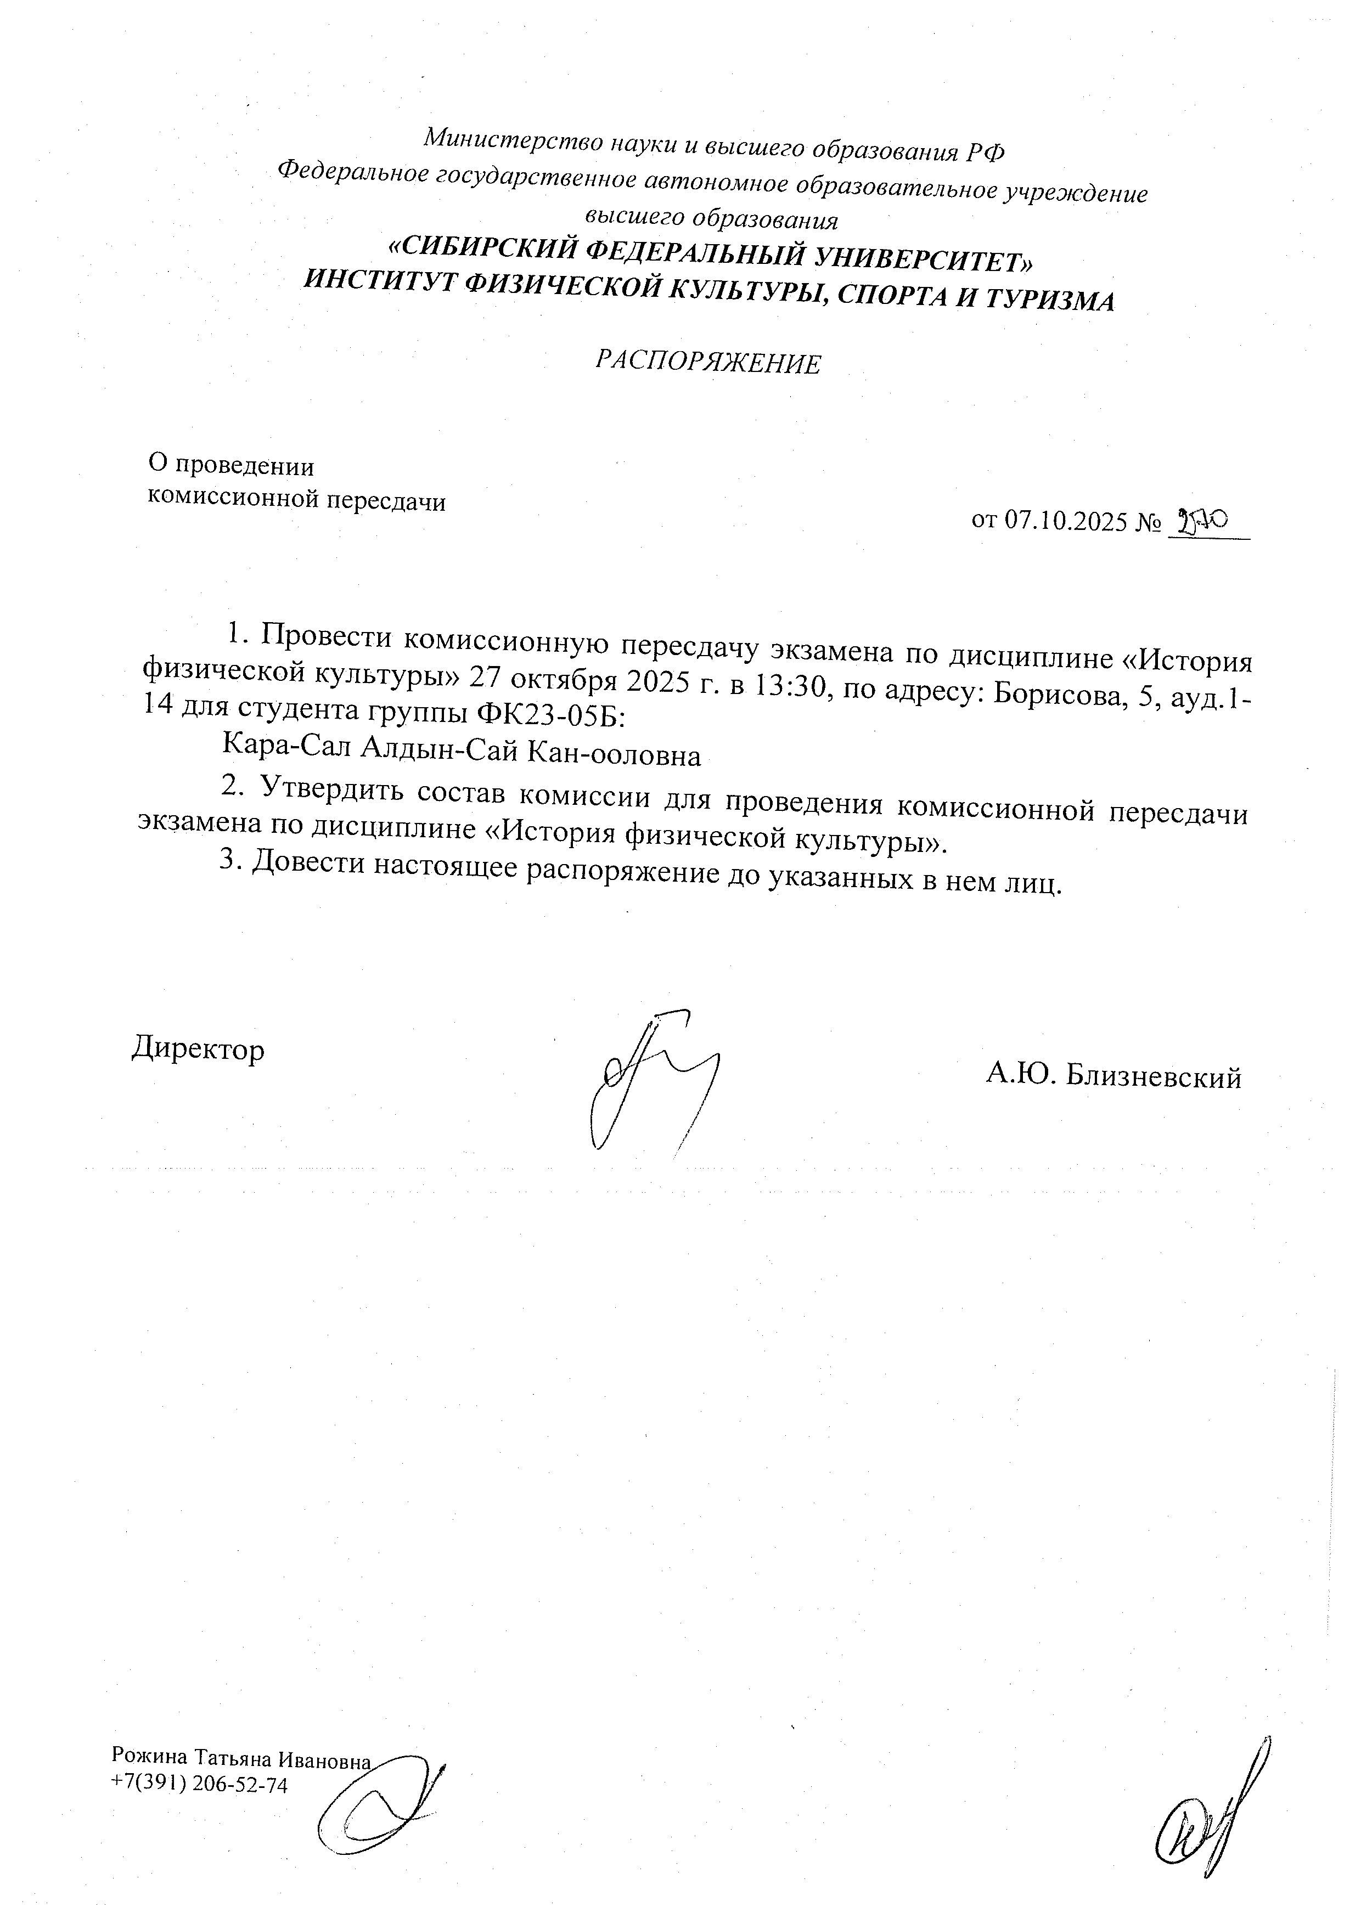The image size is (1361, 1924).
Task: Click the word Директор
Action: click(x=198, y=1049)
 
